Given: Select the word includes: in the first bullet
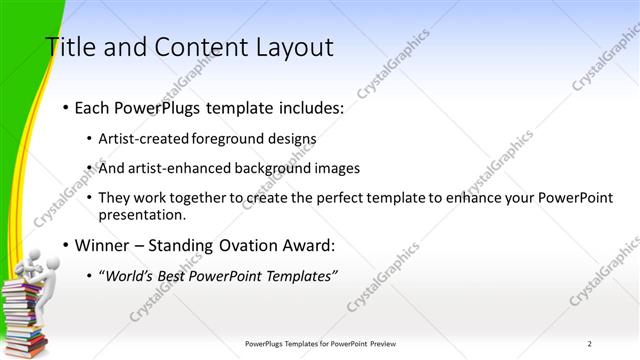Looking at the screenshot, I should (308, 107).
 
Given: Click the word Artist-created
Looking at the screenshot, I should (139, 139).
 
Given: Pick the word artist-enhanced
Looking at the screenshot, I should (173, 168).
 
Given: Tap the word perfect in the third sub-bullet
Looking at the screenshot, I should (305, 198).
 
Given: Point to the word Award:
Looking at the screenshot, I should (309, 245).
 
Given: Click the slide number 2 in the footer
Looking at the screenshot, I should (589, 344).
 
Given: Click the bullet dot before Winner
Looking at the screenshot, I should (65, 245).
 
